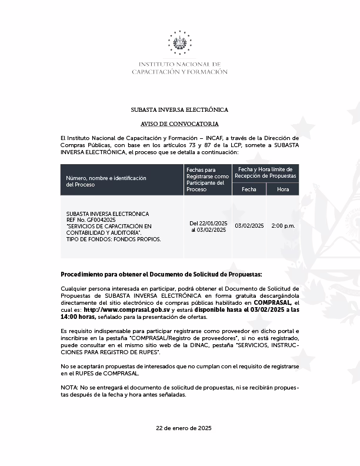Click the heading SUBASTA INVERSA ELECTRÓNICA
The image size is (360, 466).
point(179,110)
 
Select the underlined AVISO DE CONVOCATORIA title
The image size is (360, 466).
point(179,124)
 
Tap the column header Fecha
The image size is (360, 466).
point(249,189)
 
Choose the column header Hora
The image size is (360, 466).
point(283,189)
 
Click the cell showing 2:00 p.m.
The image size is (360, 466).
point(283,226)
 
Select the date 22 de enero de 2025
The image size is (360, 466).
point(179,428)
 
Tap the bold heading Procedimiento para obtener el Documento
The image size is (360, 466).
point(161,275)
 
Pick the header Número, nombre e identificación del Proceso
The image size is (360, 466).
point(106,181)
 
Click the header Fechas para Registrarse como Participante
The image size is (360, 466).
point(208,179)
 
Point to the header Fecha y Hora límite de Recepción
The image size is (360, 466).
point(266,172)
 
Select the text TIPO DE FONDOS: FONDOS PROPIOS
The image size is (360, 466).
point(114,239)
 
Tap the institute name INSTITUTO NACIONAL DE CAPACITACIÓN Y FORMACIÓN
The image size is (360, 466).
point(179,68)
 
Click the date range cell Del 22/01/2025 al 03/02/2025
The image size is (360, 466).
point(208,227)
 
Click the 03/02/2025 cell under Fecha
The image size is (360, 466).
point(249,226)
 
